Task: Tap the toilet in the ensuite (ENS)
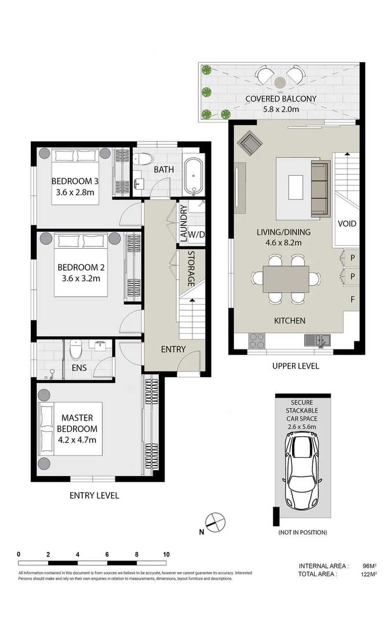click(76, 350)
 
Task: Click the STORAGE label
click(191, 268)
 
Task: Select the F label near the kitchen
click(352, 300)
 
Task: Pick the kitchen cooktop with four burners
click(257, 340)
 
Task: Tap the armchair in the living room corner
click(251, 142)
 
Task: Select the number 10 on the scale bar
click(166, 555)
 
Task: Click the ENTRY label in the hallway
click(173, 349)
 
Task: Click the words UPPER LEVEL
click(295, 366)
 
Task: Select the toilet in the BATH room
click(144, 160)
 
